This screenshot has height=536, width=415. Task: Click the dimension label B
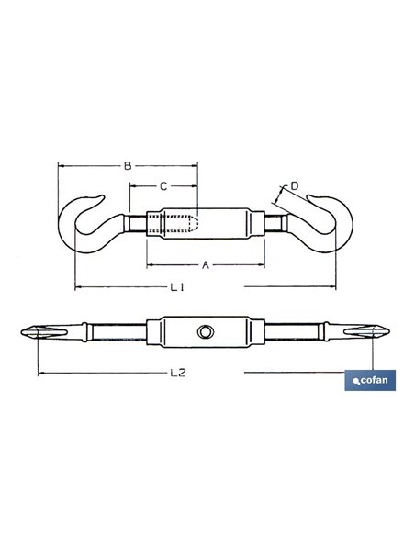click(128, 166)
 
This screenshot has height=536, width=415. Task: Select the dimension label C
click(163, 186)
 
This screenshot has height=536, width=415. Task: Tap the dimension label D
click(295, 186)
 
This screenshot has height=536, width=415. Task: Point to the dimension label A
click(205, 264)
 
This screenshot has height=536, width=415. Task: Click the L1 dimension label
click(177, 287)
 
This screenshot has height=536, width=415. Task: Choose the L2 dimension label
click(178, 373)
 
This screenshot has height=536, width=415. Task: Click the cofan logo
click(370, 380)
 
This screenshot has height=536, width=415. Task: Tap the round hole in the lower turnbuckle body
click(206, 331)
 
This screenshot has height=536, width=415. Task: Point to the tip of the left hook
click(103, 196)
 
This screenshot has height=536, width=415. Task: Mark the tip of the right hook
click(308, 196)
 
